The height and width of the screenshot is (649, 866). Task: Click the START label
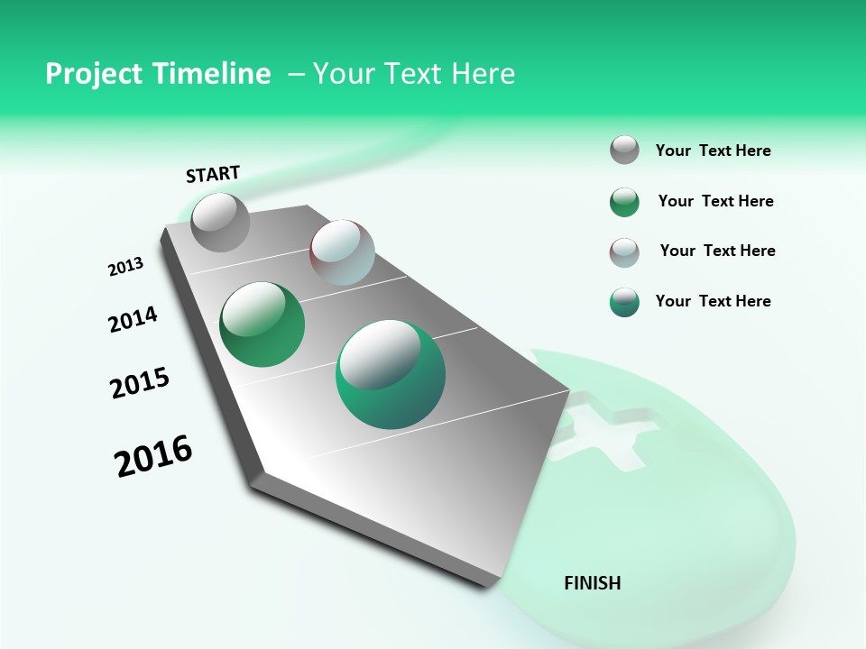(x=213, y=174)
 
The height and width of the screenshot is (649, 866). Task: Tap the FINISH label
(x=592, y=583)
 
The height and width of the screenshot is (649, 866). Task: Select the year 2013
(x=126, y=267)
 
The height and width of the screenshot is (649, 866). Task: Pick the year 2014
(x=134, y=319)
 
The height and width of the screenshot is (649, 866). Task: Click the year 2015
(x=140, y=383)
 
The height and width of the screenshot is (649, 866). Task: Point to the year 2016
(x=153, y=456)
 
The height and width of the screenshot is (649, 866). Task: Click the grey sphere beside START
(x=220, y=222)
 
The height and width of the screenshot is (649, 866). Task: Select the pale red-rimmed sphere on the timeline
(x=342, y=252)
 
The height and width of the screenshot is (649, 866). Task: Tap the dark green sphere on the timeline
(x=263, y=324)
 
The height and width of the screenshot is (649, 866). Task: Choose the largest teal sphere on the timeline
(x=391, y=374)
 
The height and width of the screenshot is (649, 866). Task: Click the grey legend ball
(x=624, y=151)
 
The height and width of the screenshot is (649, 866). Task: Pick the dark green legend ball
(x=624, y=202)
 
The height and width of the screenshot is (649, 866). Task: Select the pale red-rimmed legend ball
(x=624, y=252)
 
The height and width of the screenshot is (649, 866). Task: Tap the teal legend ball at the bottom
(x=624, y=302)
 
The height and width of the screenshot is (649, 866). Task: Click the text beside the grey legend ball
(x=713, y=151)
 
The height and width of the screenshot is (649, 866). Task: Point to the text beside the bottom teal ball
(x=713, y=301)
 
